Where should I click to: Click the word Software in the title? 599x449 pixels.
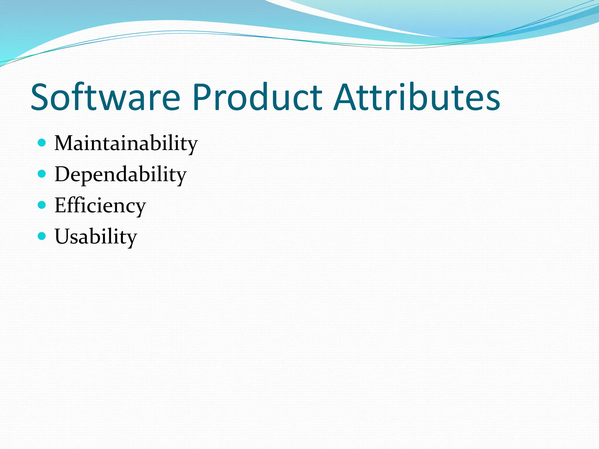105,97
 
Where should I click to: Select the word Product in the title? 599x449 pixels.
257,97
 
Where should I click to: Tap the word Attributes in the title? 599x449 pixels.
417,97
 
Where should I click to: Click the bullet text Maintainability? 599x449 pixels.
126,144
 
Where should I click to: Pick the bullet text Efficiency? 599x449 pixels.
100,206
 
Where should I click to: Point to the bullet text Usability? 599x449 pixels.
96,237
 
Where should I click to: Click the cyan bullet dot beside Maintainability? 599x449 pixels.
42,143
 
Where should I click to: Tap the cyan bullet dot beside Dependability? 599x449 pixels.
42,174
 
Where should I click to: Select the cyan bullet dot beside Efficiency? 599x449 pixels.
42,205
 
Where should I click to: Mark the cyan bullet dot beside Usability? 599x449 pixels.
42,236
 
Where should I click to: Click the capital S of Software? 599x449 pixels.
41,97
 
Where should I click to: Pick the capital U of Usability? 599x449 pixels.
63,236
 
